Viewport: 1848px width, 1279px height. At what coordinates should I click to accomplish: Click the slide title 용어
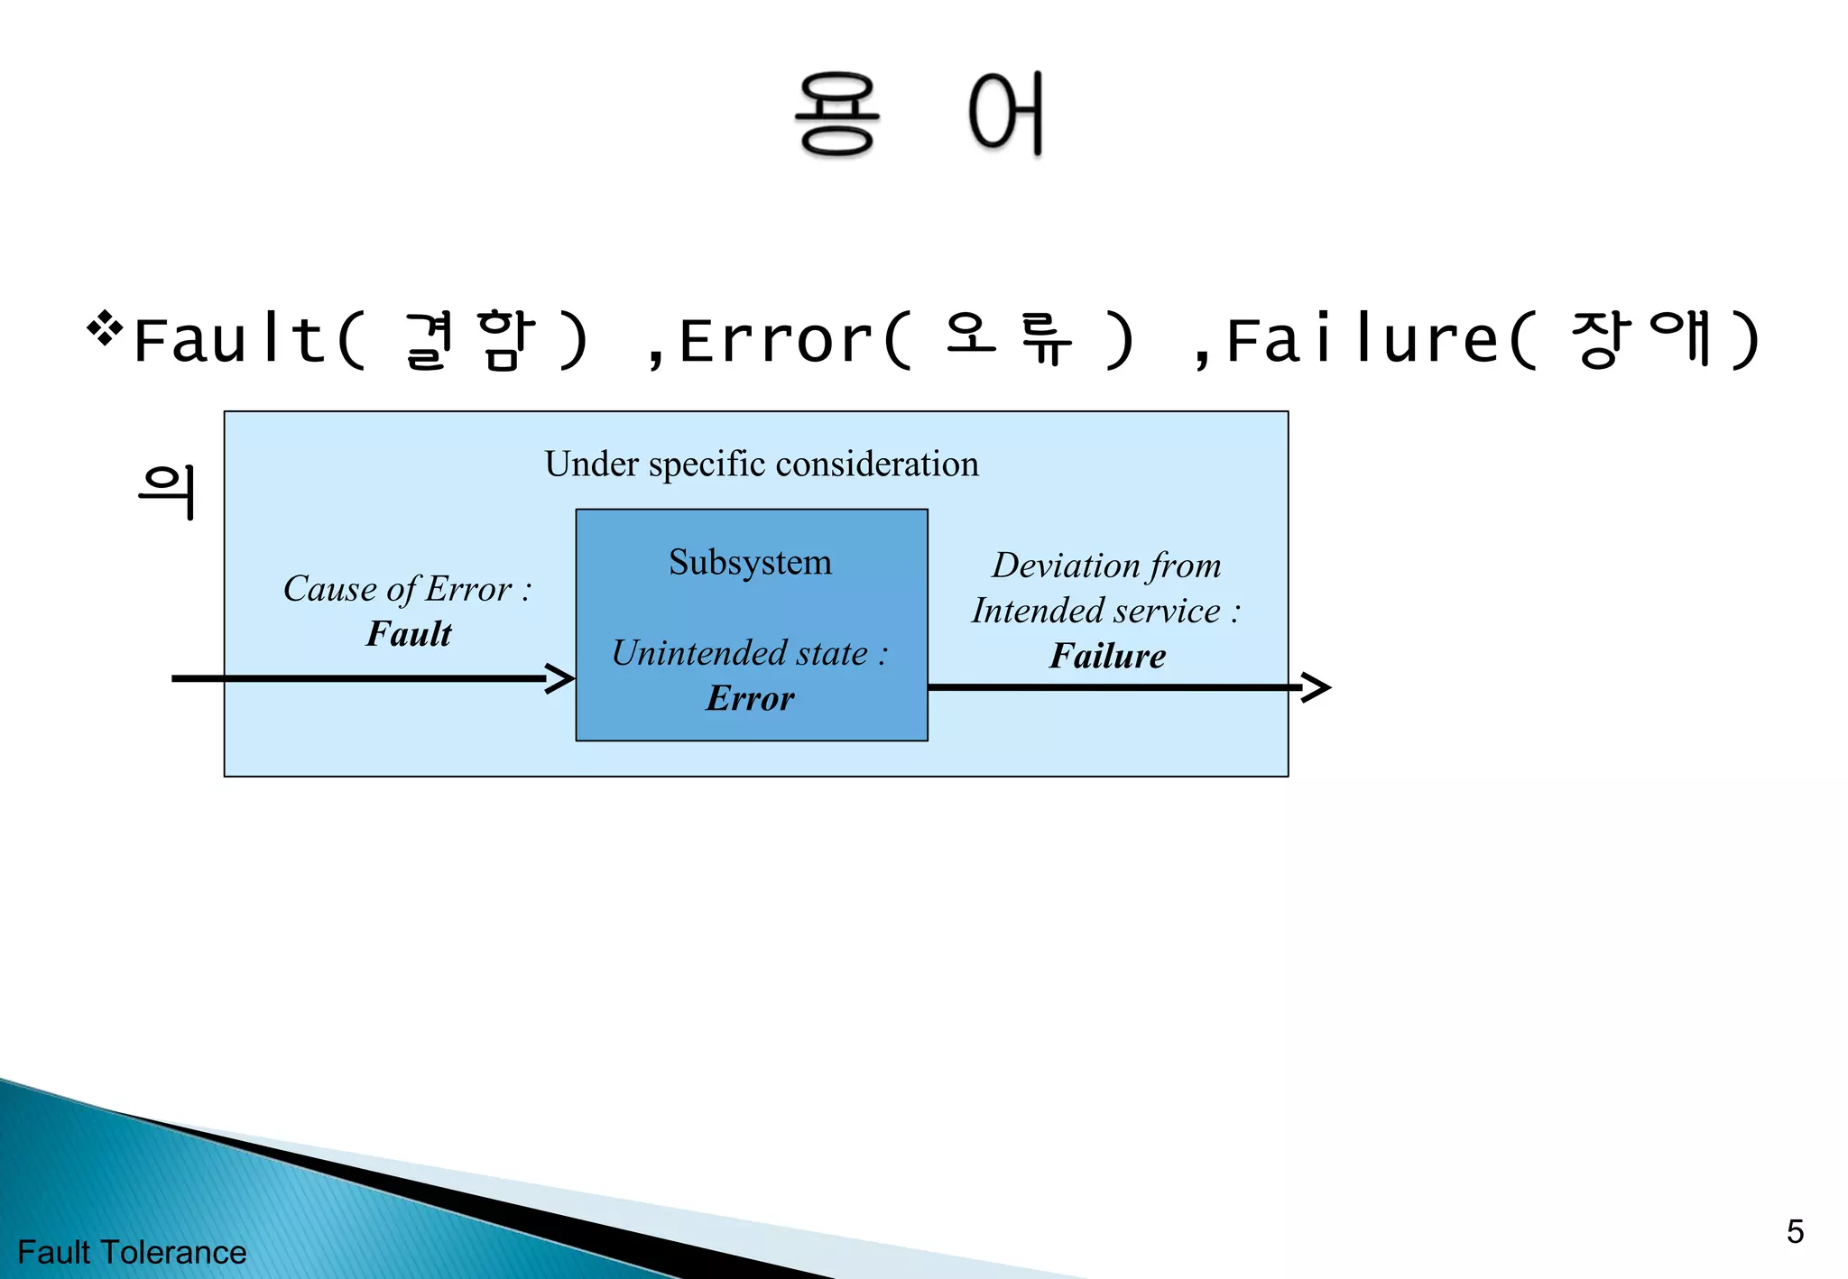click(x=919, y=115)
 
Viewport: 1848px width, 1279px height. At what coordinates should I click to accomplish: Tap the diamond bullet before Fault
click(x=105, y=329)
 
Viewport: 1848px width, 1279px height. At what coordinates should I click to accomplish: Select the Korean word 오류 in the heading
click(x=1009, y=340)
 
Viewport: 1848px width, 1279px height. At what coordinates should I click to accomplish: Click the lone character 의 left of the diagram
click(x=168, y=492)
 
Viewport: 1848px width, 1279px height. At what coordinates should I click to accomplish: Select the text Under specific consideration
click(x=762, y=464)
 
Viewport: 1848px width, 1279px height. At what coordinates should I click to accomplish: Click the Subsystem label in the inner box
click(x=750, y=562)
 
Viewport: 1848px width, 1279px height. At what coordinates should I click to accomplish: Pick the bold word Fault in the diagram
click(x=408, y=633)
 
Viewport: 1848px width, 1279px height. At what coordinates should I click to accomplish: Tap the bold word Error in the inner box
click(x=750, y=698)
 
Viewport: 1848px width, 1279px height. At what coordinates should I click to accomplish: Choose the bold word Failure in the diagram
click(x=1107, y=656)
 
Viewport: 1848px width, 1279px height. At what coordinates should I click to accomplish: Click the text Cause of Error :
click(x=407, y=589)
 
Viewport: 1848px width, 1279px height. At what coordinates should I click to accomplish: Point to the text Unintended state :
click(x=750, y=653)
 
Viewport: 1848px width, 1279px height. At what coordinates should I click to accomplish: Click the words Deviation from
click(x=1106, y=566)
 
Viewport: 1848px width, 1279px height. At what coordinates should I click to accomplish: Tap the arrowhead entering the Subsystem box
click(x=561, y=678)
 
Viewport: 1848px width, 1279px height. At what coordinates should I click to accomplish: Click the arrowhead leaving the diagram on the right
click(x=1317, y=687)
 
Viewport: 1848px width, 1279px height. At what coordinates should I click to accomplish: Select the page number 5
click(x=1795, y=1231)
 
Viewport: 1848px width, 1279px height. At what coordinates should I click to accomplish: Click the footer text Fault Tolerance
click(x=132, y=1252)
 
